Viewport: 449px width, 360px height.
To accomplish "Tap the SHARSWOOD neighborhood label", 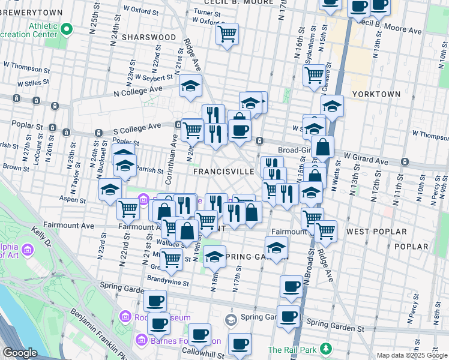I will (140, 37).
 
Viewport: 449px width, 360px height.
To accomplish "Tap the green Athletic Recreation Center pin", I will (67, 28).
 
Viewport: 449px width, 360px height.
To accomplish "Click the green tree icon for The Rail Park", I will (326, 348).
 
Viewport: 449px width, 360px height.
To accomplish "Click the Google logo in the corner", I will (20, 353).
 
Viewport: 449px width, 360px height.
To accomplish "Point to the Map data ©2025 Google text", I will (411, 355).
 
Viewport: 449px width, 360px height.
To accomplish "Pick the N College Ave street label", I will (139, 91).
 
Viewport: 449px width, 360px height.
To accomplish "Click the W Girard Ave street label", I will (366, 159).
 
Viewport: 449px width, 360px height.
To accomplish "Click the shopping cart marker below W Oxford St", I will (227, 34).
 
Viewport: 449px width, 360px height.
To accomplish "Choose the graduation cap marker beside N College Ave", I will (190, 86).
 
